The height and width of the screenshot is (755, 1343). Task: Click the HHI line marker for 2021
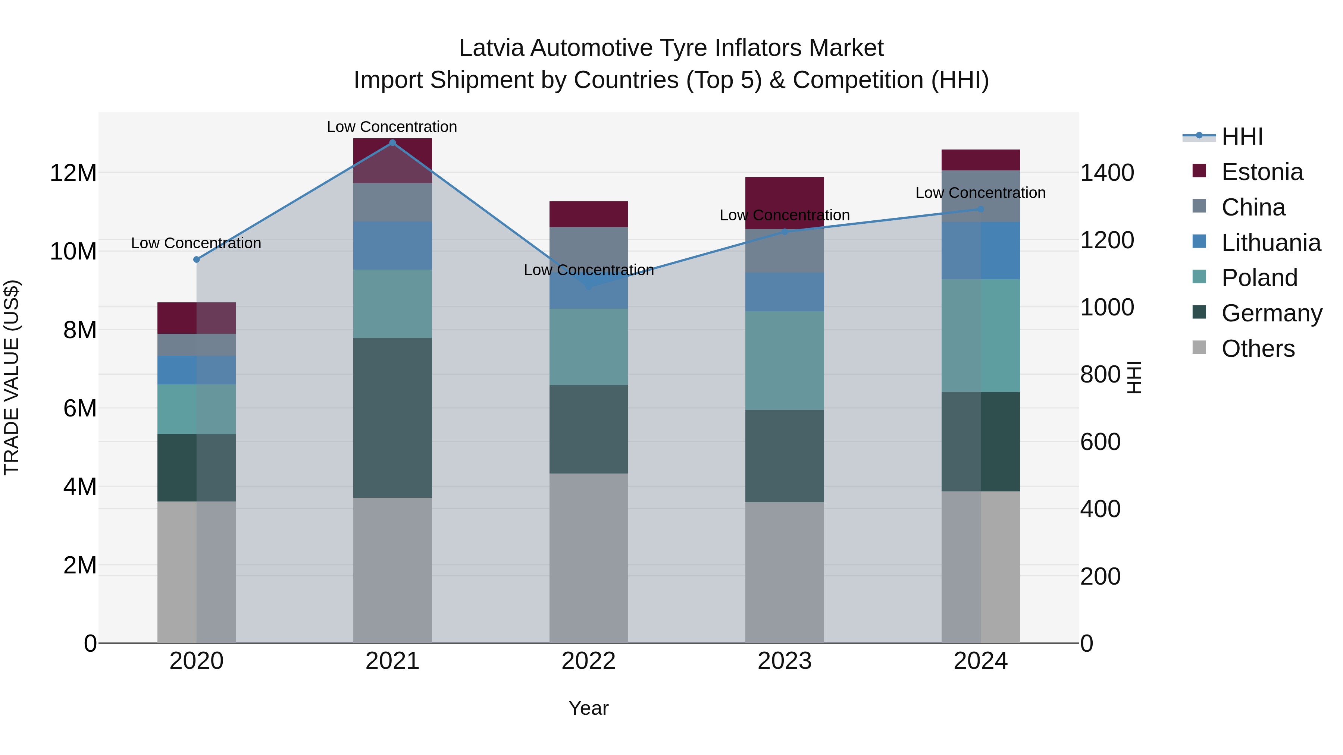tap(392, 142)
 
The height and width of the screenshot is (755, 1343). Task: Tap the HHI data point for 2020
tap(197, 259)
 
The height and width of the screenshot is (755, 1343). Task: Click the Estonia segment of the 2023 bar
tap(784, 203)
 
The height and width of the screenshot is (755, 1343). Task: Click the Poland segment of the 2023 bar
tap(784, 360)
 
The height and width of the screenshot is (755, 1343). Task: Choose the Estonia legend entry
tap(1262, 172)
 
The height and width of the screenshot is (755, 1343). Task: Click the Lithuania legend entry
tap(1271, 243)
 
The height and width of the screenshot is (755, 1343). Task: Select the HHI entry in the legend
tap(1242, 136)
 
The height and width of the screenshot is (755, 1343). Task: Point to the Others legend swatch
tap(1199, 347)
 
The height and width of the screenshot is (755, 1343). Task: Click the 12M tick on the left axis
tap(73, 173)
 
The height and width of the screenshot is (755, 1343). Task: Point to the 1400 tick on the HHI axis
tap(1106, 173)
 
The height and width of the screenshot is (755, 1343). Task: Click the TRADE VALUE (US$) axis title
tap(12, 377)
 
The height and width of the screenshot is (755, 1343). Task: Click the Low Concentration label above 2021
tap(392, 127)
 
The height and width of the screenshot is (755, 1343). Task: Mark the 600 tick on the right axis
tap(1100, 442)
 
